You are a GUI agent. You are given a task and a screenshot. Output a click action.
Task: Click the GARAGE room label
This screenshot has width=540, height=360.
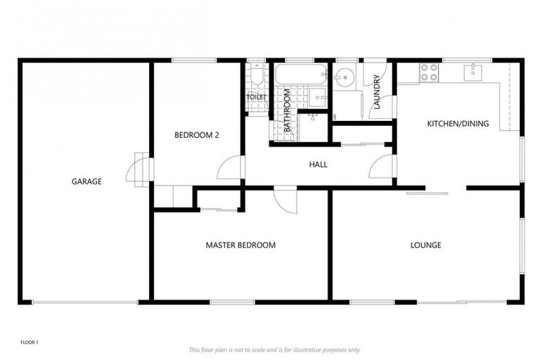(86, 181)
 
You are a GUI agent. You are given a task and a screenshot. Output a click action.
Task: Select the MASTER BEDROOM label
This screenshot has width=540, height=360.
(240, 245)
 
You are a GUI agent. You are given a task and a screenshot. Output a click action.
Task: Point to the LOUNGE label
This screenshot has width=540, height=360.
(426, 245)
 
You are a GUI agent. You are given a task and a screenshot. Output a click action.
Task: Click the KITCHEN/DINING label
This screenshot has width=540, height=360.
(458, 124)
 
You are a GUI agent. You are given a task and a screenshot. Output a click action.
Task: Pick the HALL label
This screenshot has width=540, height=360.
(318, 165)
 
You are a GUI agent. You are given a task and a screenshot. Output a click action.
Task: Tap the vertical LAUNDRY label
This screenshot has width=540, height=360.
(377, 93)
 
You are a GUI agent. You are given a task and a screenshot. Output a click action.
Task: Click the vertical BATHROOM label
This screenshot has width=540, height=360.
(288, 111)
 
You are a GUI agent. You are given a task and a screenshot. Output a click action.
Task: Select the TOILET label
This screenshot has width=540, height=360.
(256, 97)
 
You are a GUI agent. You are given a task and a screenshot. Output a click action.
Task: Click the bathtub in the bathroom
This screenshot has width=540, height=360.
(300, 75)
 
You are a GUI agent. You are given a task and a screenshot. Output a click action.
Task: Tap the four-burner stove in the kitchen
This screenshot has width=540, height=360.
(429, 72)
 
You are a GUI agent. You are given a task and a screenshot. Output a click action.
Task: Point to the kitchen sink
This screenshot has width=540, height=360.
(473, 71)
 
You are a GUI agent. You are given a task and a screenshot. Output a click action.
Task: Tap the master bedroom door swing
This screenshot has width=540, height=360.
(286, 200)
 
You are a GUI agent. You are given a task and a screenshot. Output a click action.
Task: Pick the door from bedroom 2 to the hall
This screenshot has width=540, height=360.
(229, 167)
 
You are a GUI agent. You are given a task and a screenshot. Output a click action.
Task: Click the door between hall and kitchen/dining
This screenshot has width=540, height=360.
(382, 167)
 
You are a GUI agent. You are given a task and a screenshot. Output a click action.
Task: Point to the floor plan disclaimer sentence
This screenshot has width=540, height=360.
(275, 349)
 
